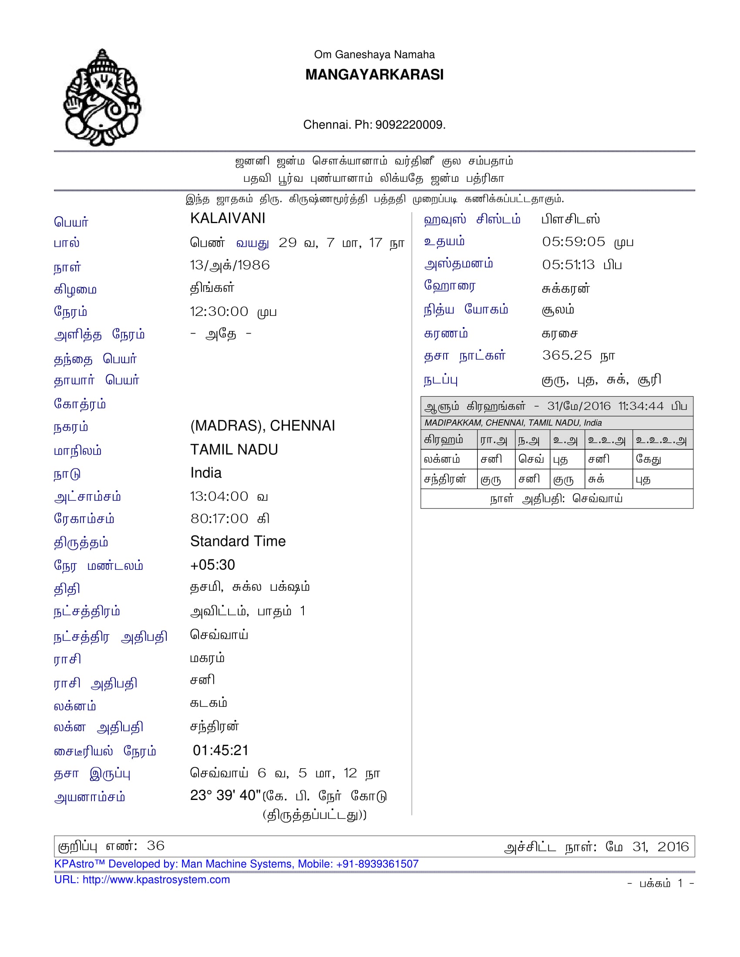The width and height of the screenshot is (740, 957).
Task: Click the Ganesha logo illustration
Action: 102,97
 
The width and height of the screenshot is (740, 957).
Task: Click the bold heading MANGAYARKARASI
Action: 374,75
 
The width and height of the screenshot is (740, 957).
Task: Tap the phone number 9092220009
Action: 410,125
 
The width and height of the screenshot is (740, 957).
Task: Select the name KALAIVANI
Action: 228,218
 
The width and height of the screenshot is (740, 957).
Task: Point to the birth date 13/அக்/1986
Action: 229,265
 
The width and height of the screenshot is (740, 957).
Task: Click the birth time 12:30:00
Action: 219,311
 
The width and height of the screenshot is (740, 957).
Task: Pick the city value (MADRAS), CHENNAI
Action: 262,425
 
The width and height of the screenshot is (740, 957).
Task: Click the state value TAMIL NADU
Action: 234,450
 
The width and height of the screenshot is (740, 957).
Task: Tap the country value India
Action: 205,473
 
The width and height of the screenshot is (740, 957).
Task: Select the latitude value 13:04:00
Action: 219,496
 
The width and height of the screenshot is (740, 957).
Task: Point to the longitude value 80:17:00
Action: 219,519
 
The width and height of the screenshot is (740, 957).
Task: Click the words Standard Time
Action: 238,541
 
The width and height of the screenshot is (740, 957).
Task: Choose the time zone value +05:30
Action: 212,565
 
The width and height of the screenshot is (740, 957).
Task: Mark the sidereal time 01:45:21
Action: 221,750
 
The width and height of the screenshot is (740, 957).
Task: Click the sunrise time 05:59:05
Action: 573,241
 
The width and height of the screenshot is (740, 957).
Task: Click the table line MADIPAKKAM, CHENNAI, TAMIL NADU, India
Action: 512,423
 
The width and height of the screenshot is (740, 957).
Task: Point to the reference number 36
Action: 155,846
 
